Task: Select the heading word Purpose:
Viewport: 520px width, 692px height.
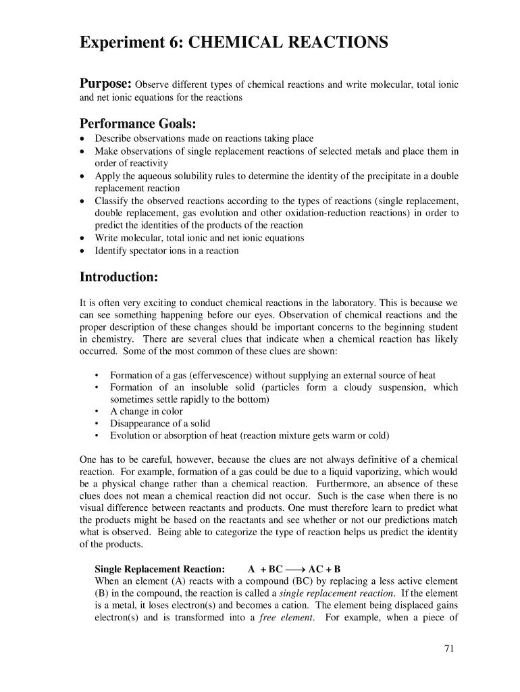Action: click(105, 84)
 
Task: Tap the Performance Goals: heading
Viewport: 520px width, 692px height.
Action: click(138, 124)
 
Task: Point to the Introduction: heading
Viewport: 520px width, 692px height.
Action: click(119, 277)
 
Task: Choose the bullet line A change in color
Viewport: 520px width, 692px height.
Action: click(147, 412)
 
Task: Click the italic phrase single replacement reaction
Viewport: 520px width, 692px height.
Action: click(336, 593)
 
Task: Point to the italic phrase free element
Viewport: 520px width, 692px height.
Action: click(286, 618)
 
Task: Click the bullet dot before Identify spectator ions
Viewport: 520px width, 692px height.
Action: click(82, 251)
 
